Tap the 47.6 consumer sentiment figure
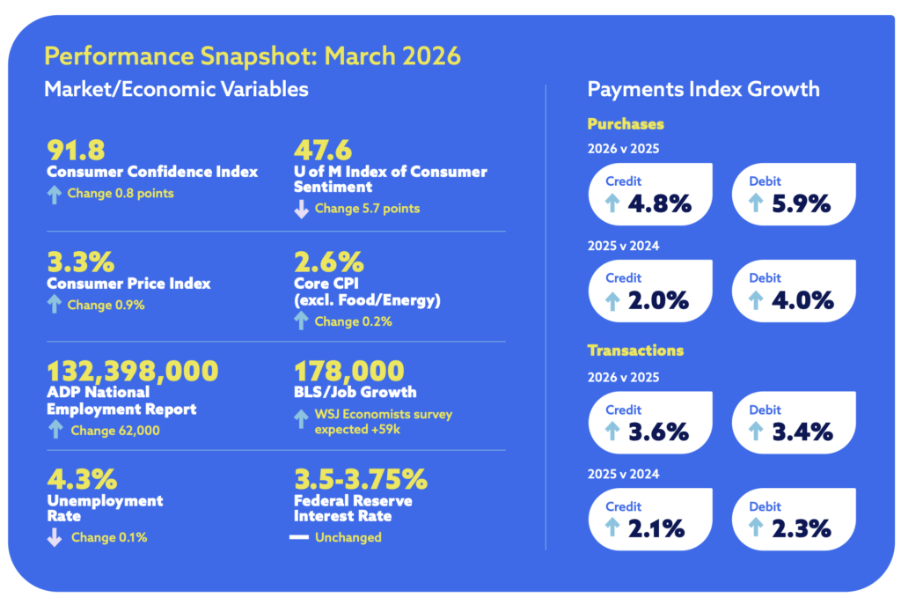point(325,150)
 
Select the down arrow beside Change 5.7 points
point(301,209)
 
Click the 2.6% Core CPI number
point(327,262)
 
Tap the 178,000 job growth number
point(349,371)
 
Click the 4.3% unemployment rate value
point(81,480)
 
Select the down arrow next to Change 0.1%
point(55,537)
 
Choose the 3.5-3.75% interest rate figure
point(361,480)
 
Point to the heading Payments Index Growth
point(703,89)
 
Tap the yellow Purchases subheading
point(626,124)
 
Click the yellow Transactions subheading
point(635,350)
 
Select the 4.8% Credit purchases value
point(659,204)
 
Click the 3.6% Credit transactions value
point(659,432)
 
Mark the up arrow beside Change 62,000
point(55,430)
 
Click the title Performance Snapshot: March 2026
point(252,56)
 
